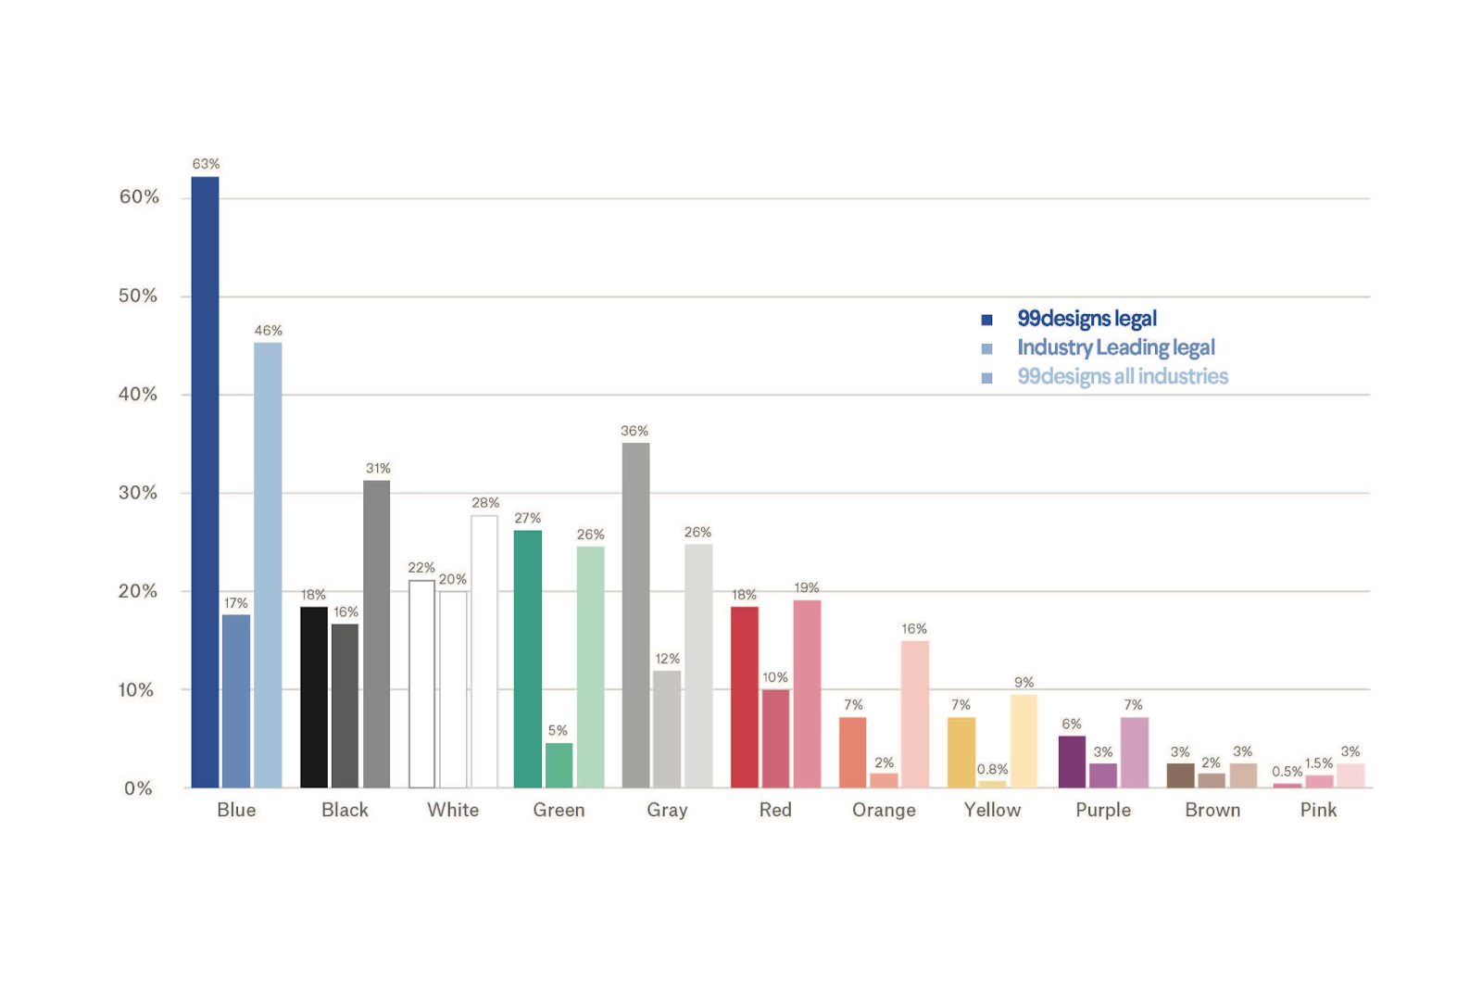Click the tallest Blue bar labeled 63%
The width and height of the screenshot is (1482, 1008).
click(205, 482)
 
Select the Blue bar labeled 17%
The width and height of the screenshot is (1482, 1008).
click(236, 701)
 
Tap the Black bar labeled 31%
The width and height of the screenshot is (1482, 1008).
click(376, 634)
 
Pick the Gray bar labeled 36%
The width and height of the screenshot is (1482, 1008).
click(635, 615)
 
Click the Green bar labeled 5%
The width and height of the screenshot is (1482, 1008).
click(559, 765)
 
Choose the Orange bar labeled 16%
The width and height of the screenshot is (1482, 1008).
click(914, 714)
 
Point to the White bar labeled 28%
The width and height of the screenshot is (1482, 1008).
click(484, 651)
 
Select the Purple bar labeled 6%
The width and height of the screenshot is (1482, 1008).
click(1072, 762)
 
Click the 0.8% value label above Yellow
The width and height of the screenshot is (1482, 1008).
click(992, 769)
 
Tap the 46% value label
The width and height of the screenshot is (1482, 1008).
click(269, 331)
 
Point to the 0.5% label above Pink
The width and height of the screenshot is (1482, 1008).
click(1287, 772)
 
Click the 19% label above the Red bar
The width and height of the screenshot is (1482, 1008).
click(807, 587)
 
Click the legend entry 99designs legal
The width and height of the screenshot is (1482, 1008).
click(1086, 319)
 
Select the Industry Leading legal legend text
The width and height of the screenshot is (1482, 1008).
click(1116, 347)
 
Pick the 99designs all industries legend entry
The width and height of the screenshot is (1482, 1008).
click(1123, 376)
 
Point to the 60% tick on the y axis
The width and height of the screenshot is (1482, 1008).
click(139, 196)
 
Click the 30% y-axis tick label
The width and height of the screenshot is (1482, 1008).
click(138, 493)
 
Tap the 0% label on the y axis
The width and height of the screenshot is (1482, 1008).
click(138, 788)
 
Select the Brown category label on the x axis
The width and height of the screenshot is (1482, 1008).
click(1212, 810)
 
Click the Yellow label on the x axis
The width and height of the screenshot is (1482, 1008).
click(992, 810)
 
